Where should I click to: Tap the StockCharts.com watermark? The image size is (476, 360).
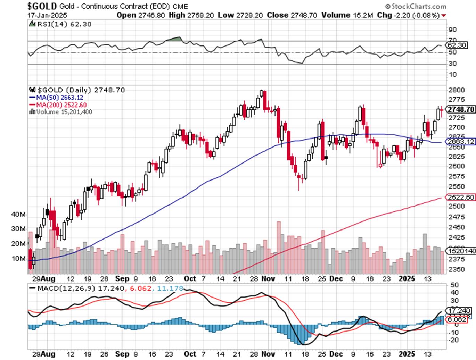416,6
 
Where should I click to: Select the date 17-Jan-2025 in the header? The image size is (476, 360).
47,15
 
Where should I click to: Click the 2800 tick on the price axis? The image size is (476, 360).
456,90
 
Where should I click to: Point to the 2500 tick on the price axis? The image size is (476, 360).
456,206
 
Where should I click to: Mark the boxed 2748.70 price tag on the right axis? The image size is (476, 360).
461,109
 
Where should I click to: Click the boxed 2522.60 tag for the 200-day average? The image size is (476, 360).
461,197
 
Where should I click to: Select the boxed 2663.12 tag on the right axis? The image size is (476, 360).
461,141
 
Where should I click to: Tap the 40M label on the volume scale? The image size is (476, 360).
18,215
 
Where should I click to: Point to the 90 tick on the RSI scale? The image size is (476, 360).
453,30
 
